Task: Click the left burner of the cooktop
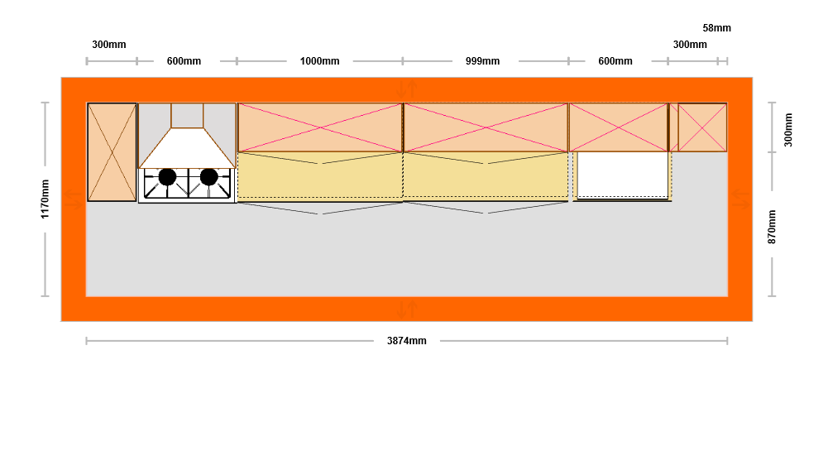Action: (167, 176)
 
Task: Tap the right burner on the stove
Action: (209, 176)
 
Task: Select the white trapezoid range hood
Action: (187, 150)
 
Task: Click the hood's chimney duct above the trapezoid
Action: (187, 115)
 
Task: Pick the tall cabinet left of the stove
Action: (112, 151)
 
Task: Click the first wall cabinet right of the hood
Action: (319, 127)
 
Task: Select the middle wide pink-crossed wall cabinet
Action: (486, 127)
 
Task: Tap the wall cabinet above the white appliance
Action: (618, 127)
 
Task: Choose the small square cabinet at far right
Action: (702, 127)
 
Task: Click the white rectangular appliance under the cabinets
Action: (622, 175)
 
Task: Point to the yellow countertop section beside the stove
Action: (319, 175)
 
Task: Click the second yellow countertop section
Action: (486, 175)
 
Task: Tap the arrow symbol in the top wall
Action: (406, 88)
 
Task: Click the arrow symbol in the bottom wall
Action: (406, 309)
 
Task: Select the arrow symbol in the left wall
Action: (74, 199)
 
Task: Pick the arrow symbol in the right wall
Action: (740, 199)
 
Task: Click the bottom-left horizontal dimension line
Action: (229, 340)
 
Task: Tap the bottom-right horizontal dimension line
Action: (583, 340)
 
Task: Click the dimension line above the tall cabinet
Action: (112, 60)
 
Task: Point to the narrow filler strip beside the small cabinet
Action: (673, 127)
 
